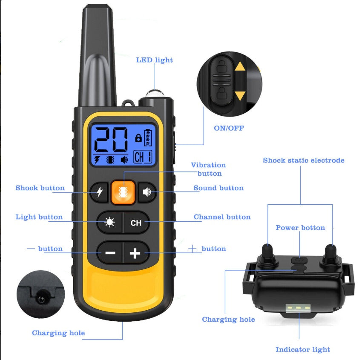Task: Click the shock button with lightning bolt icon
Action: (x=100, y=192)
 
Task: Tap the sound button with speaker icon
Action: (x=147, y=192)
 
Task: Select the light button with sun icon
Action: (x=110, y=223)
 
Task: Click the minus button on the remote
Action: (x=110, y=253)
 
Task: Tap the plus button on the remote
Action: (x=135, y=253)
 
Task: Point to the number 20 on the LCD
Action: (x=111, y=139)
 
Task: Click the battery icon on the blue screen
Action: (x=148, y=137)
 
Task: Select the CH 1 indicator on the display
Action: (x=142, y=157)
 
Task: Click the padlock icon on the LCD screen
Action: (x=138, y=138)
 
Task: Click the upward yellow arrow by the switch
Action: (x=240, y=66)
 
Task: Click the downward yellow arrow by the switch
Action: (x=240, y=95)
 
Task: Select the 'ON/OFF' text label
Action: (x=229, y=128)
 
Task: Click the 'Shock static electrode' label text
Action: (x=303, y=160)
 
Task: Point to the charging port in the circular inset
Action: (x=41, y=299)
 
